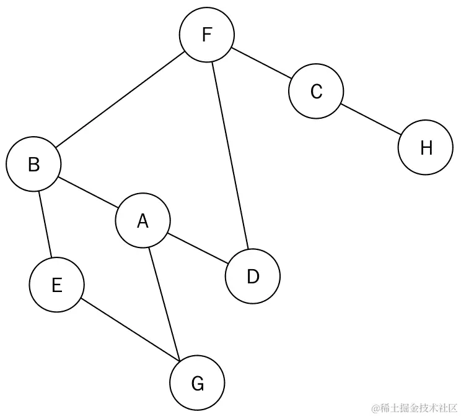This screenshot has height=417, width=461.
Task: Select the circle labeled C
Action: [316, 92]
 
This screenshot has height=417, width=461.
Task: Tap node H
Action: [426, 148]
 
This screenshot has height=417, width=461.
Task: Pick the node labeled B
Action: [33, 165]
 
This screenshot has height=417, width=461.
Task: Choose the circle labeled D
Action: [252, 277]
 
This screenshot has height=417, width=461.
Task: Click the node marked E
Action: [56, 285]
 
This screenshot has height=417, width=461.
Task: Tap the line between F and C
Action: [261, 64]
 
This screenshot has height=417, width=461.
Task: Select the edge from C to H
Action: [371, 119]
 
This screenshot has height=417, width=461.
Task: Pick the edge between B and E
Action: [45, 225]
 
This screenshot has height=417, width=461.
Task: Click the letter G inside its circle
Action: [198, 384]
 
